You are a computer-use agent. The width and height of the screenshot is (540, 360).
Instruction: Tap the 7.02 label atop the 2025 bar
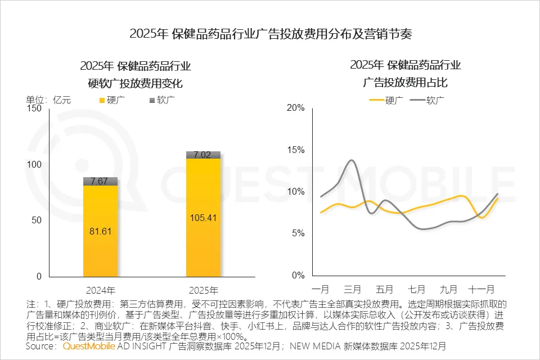pyautogui.click(x=203, y=155)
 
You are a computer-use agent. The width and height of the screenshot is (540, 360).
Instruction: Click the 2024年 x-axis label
pyautogui.click(x=101, y=291)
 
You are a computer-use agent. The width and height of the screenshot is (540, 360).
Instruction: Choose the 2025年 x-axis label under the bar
pyautogui.click(x=203, y=291)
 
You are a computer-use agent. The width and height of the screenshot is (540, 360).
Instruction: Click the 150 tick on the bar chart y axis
pyautogui.click(x=34, y=109)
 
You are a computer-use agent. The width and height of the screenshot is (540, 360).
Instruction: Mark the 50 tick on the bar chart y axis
pyautogui.click(x=37, y=220)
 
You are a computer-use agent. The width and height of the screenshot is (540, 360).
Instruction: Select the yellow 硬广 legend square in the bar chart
pyautogui.click(x=102, y=101)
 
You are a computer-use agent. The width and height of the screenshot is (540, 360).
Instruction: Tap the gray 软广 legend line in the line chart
pyautogui.click(x=417, y=101)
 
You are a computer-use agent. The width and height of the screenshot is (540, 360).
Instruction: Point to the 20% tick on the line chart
pyautogui.click(x=296, y=108)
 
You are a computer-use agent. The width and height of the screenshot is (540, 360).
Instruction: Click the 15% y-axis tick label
pyautogui.click(x=296, y=150)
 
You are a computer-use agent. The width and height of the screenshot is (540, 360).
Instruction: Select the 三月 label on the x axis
pyautogui.click(x=352, y=290)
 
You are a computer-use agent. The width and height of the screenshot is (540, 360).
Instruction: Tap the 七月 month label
pyautogui.click(x=417, y=290)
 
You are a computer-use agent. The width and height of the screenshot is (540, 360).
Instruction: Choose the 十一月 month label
pyautogui.click(x=481, y=290)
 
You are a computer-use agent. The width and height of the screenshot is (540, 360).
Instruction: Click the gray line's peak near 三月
pyautogui.click(x=352, y=160)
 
